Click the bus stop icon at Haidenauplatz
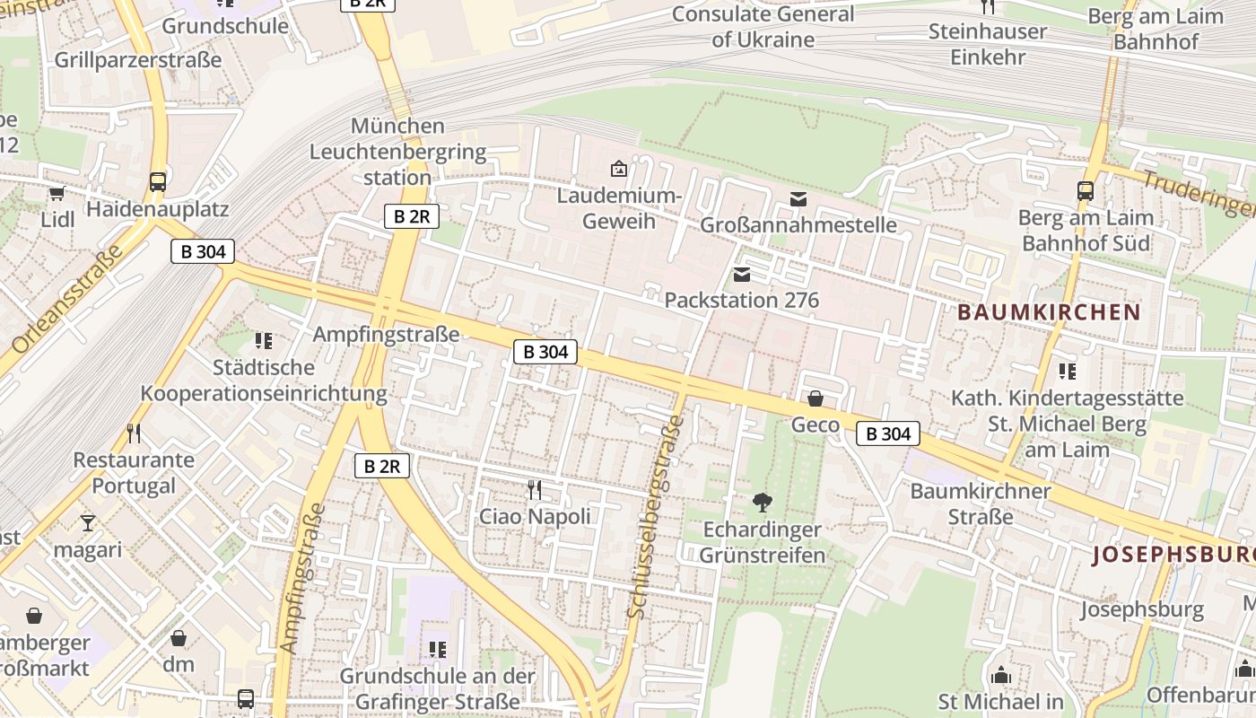coord(158,181)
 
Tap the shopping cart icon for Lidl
coord(57,193)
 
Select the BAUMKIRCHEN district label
coord(1048,312)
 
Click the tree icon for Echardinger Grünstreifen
coord(763,502)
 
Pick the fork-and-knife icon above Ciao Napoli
coord(535,489)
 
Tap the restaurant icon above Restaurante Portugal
coord(134,433)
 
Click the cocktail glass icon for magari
coord(87,522)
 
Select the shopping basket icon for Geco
coord(816,398)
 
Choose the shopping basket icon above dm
coord(179,638)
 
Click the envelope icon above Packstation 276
coord(742,274)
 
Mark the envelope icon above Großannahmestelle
coord(798,198)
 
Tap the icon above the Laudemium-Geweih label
coord(619,168)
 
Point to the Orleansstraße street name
coord(68,298)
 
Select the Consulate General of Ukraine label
coord(763,27)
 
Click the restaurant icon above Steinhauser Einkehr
coord(988,7)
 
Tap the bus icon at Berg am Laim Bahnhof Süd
coord(1086,190)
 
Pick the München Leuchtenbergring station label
coord(397,151)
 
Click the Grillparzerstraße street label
coord(138,60)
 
